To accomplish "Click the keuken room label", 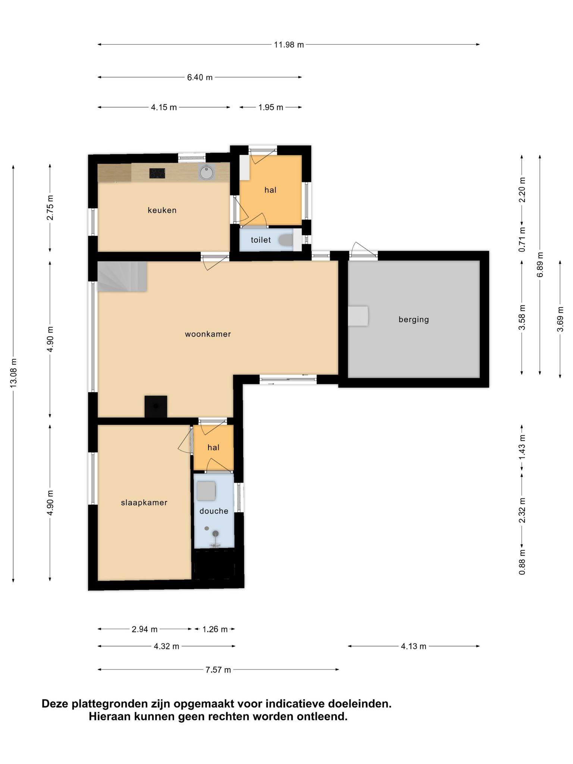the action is coord(162,210).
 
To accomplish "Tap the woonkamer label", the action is coord(208,334).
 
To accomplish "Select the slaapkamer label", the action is coord(144,503).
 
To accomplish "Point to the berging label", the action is coord(414,320).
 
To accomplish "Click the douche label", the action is coord(214,511).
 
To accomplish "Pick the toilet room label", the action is coord(261,240).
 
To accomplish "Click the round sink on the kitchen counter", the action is coord(206,172).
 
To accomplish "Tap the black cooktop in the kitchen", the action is coord(157,173).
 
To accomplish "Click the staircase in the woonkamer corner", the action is coord(122,276).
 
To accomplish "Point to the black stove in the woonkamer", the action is coord(156,406).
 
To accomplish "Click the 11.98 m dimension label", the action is coord(289,45).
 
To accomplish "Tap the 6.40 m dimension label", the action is coord(200,78).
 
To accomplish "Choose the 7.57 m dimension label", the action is coord(218,670).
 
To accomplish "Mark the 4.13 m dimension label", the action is coord(414,646).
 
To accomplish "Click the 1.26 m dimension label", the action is coord(215,629).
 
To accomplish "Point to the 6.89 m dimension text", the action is coord(540,264).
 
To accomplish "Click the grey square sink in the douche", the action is coord(206,491).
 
